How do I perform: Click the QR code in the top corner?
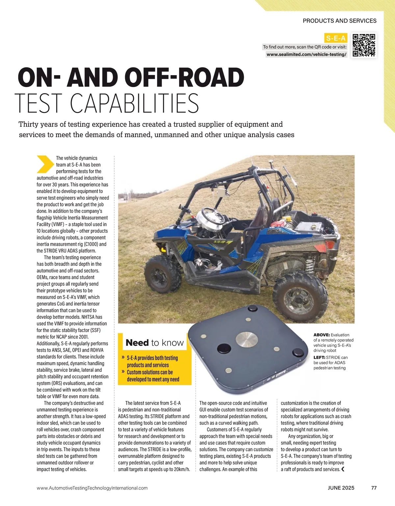click(364, 45)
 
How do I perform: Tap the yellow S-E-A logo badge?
click(336, 38)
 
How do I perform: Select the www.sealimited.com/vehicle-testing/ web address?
click(306, 54)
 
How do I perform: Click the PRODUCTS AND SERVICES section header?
click(339, 21)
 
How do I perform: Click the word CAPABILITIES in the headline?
click(135, 103)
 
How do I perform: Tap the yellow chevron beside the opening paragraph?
click(45, 164)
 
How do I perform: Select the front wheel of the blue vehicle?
click(163, 273)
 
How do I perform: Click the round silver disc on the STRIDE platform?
click(247, 340)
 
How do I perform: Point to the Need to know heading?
click(154, 343)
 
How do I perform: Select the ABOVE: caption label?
click(321, 335)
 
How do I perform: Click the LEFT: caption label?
click(319, 357)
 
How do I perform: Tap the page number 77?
click(374, 488)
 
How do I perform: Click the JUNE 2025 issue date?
click(341, 488)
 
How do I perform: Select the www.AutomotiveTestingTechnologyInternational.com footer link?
click(92, 488)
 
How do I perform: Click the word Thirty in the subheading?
click(29, 124)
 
